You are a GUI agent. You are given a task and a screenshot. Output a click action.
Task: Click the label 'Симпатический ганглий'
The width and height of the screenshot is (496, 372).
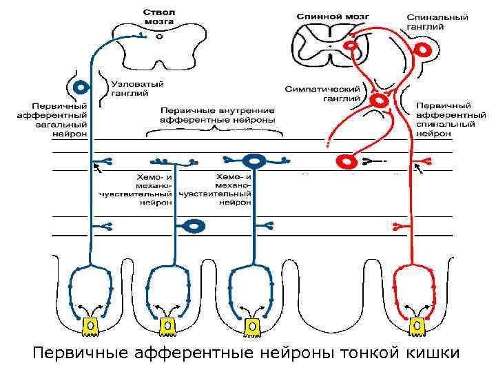tap(323, 94)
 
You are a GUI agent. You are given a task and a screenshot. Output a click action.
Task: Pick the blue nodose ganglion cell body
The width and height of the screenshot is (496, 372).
tap(81, 88)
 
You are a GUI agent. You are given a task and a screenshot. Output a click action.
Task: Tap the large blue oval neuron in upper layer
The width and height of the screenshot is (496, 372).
tap(254, 161)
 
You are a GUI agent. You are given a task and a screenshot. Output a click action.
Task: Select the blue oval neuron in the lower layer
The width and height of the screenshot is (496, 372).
tap(195, 225)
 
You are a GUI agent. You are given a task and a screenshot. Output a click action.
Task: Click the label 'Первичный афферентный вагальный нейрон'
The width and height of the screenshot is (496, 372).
tap(52, 121)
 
